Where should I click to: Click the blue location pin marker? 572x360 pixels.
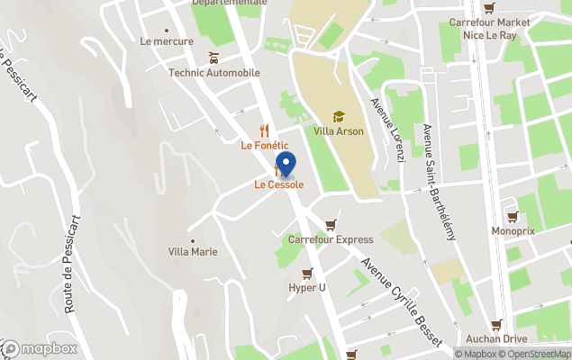[x=286, y=165]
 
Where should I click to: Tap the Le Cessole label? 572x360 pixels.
[x=278, y=185]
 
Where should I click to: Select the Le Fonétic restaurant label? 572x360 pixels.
[x=264, y=145]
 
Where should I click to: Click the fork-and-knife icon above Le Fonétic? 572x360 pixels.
[x=264, y=130]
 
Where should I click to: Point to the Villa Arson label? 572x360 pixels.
[x=339, y=131]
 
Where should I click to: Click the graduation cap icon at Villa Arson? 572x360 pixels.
[x=339, y=117]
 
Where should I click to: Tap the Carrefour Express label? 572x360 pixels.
[x=331, y=239]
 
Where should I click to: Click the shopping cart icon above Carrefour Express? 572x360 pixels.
[x=331, y=225]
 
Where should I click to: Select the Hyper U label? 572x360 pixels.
[x=307, y=288]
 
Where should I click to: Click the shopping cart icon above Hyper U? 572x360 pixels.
[x=307, y=274]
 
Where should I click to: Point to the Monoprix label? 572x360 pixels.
[x=513, y=231]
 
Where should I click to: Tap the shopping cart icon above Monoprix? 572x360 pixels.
[x=513, y=217]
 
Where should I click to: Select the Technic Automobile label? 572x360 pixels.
[x=214, y=73]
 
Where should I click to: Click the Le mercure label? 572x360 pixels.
[x=167, y=41]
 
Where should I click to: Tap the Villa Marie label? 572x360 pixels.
[x=193, y=252]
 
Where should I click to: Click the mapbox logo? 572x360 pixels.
[x=40, y=348]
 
